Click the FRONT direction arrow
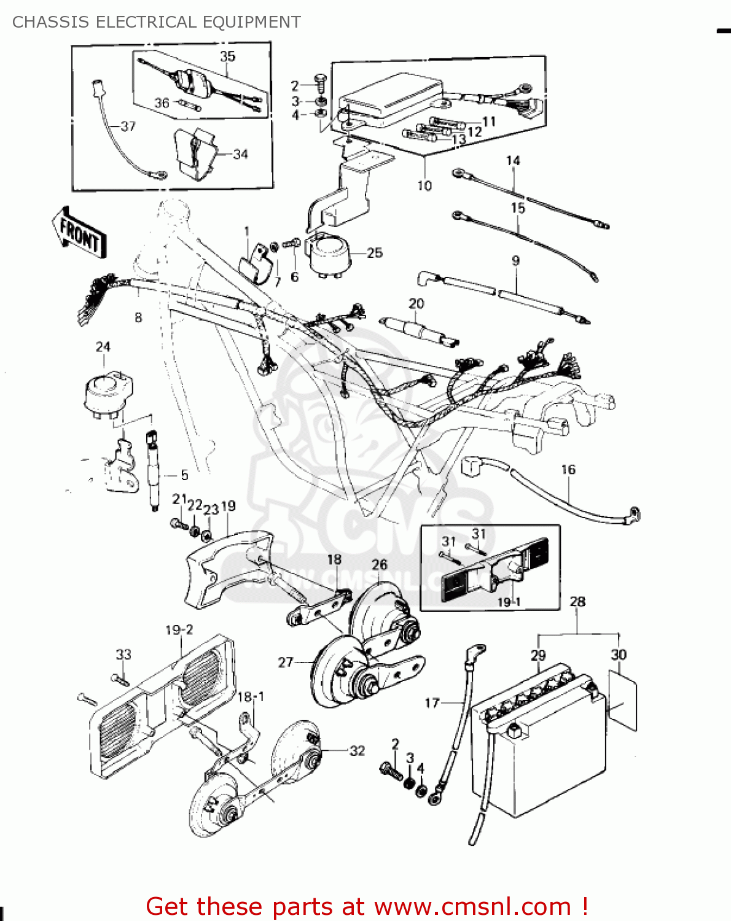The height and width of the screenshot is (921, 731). coord(79,233)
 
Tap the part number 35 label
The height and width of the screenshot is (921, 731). coord(227,56)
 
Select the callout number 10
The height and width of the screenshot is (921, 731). coord(424,185)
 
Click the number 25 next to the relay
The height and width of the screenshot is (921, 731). coord(375,252)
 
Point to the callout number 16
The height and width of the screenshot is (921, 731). coord(568,470)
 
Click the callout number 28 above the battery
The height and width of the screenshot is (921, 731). coord(577,602)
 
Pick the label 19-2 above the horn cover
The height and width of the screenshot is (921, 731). coord(179,630)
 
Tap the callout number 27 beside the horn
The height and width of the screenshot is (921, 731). coord(286,662)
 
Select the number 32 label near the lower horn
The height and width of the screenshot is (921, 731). coord(357,750)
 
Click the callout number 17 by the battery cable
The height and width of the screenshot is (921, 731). coord(432,702)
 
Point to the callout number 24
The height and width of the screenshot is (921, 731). coord(103,347)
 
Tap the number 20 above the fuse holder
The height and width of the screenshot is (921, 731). coord(416,303)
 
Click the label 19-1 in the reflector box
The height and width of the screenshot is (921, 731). coord(509,602)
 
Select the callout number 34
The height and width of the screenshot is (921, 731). coord(240,154)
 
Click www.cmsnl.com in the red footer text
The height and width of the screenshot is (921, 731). coord(473,906)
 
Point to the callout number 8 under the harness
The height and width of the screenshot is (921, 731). coord(138,317)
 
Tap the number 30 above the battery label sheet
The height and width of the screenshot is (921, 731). coord(619,655)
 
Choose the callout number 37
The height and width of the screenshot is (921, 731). coord(128,126)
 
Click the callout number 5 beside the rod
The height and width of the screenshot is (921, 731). coord(184,475)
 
